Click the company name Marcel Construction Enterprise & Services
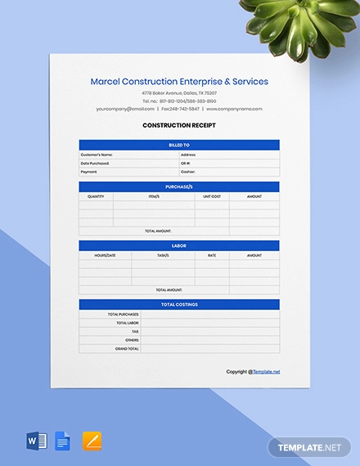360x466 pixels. pos(179,82)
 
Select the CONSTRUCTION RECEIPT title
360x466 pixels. pos(179,125)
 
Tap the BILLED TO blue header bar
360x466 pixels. pos(179,145)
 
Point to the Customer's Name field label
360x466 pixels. pos(97,154)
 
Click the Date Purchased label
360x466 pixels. pos(95,163)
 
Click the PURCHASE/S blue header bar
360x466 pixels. pos(179,187)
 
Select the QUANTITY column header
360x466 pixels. pos(96,196)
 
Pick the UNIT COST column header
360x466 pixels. pos(212,196)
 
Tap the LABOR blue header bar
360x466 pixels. pos(179,245)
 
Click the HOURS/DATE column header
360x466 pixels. pos(106,255)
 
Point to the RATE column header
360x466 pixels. pos(212,255)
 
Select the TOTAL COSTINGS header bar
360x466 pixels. pos(179,304)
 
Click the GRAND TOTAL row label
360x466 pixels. pos(128,348)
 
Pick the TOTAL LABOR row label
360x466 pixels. pos(127,322)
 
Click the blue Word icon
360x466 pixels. pos(37,441)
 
